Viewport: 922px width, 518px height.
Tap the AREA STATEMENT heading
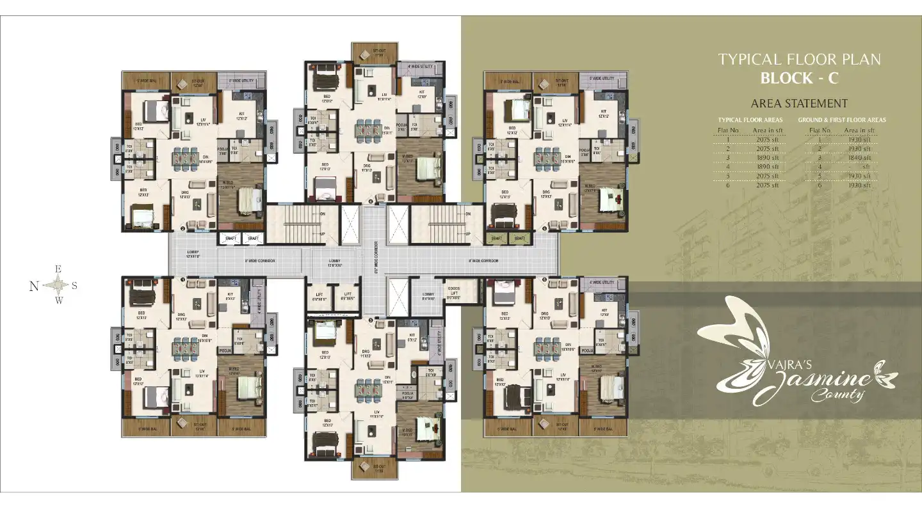799,104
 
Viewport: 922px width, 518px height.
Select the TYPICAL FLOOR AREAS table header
750,120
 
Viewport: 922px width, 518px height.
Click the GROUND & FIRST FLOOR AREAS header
842,120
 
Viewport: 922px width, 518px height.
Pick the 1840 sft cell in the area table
858,157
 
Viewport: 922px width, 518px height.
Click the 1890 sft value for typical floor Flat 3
766,157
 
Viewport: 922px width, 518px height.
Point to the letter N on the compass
34,286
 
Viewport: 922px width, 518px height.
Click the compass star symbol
58,286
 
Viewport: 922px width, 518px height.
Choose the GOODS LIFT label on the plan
453,294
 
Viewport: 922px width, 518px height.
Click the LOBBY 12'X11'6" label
193,254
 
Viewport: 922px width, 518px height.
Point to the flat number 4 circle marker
371,202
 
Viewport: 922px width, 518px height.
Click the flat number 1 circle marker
183,280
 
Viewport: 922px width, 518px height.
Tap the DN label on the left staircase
323,215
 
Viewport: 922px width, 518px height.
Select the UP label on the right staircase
468,233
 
